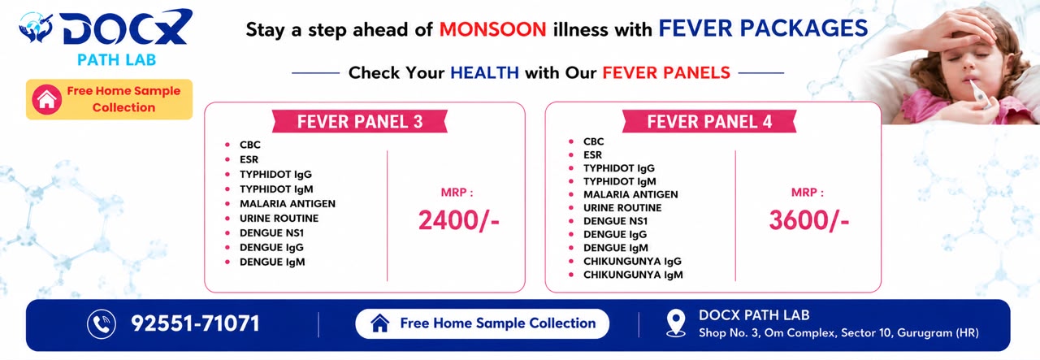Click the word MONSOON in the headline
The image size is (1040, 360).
492,30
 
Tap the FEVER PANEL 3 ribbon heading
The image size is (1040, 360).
360,122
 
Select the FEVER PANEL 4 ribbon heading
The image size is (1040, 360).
709,122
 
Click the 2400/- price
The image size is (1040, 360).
459,220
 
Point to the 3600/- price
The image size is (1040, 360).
808,220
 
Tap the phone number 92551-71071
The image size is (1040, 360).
195,323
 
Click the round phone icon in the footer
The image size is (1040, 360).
102,323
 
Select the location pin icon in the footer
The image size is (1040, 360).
676,323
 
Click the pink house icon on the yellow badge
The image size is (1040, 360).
47,99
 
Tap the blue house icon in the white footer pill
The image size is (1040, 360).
379,323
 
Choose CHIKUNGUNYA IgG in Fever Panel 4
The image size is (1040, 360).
632,262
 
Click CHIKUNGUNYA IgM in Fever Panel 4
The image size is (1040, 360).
633,275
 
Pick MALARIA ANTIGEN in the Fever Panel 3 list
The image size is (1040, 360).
288,204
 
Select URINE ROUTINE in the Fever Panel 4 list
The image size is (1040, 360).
622,208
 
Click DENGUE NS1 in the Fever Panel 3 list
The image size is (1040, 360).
271,233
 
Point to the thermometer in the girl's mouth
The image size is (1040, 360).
977,93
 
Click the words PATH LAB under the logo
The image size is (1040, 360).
116,60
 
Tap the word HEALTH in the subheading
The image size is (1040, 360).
485,73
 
